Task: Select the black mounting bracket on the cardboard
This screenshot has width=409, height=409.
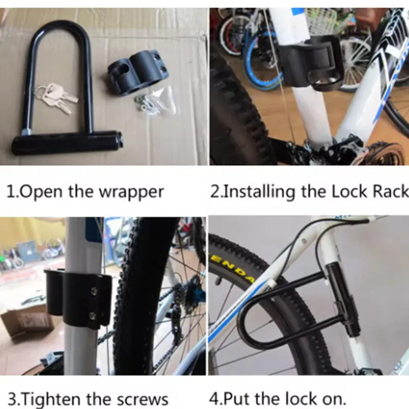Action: tap(137, 74)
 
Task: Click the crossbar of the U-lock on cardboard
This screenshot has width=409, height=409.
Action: tap(67, 142)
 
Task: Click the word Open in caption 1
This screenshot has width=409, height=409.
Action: tap(42, 192)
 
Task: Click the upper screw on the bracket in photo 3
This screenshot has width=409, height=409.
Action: tap(95, 290)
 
